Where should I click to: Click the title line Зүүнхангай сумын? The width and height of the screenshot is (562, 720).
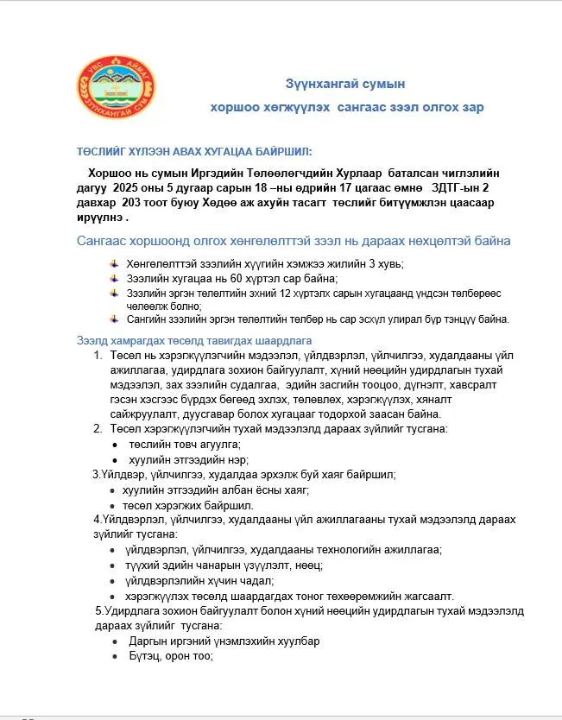click(345, 84)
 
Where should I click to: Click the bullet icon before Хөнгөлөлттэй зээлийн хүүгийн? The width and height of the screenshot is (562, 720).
click(117, 262)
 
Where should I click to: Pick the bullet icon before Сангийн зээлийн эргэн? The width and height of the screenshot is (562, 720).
click(117, 318)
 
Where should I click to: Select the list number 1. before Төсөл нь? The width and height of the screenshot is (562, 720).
click(98, 356)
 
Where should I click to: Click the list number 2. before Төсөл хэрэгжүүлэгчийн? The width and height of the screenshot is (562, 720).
click(98, 429)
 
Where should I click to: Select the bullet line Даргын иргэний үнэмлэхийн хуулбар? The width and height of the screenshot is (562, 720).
click(224, 641)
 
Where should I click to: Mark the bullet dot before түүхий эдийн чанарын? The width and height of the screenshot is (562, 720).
click(115, 565)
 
